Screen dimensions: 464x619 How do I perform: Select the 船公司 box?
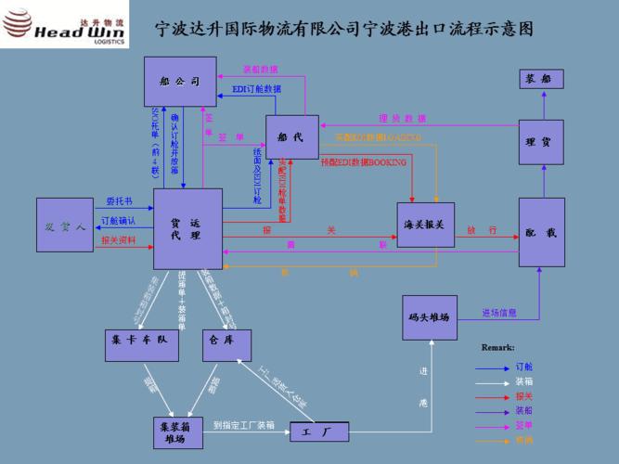179,82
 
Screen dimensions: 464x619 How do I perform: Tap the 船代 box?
292,137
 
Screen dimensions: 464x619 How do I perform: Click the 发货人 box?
65,226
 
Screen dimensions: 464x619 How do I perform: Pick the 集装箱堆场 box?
177,432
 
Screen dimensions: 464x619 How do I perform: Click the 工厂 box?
318,432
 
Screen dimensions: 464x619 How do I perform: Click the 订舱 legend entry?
524,367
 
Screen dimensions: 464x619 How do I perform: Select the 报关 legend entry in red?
524,396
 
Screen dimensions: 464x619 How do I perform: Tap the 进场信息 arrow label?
499,313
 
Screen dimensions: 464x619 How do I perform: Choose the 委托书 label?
119,200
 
